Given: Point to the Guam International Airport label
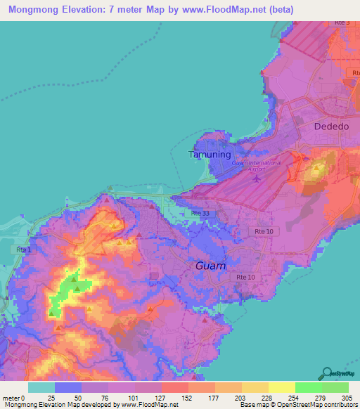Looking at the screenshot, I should [256, 166].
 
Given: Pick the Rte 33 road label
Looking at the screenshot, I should [200, 212].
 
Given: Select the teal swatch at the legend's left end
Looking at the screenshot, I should [41, 387].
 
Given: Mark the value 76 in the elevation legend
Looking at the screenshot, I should [108, 397].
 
